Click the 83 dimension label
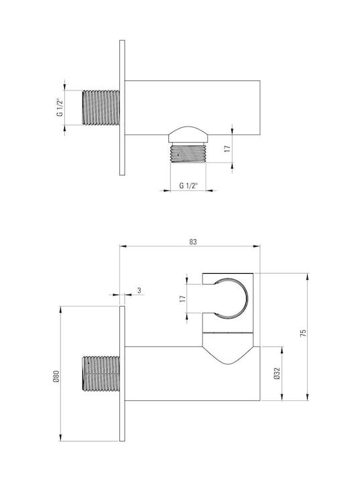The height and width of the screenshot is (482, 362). click(192, 242)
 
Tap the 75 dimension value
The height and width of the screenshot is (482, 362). click(303, 333)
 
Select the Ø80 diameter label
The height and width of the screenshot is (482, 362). click(56, 376)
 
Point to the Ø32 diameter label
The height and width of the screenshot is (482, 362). click(277, 373)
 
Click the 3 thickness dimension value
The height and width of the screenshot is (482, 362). click(139, 290)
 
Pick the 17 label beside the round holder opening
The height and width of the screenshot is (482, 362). click(183, 299)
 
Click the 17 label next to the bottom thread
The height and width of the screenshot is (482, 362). click(227, 149)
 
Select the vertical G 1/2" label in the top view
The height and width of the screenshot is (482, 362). click(60, 107)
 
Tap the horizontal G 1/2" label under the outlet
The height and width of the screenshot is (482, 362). click(188, 185)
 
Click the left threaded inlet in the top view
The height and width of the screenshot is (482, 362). click(101, 108)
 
